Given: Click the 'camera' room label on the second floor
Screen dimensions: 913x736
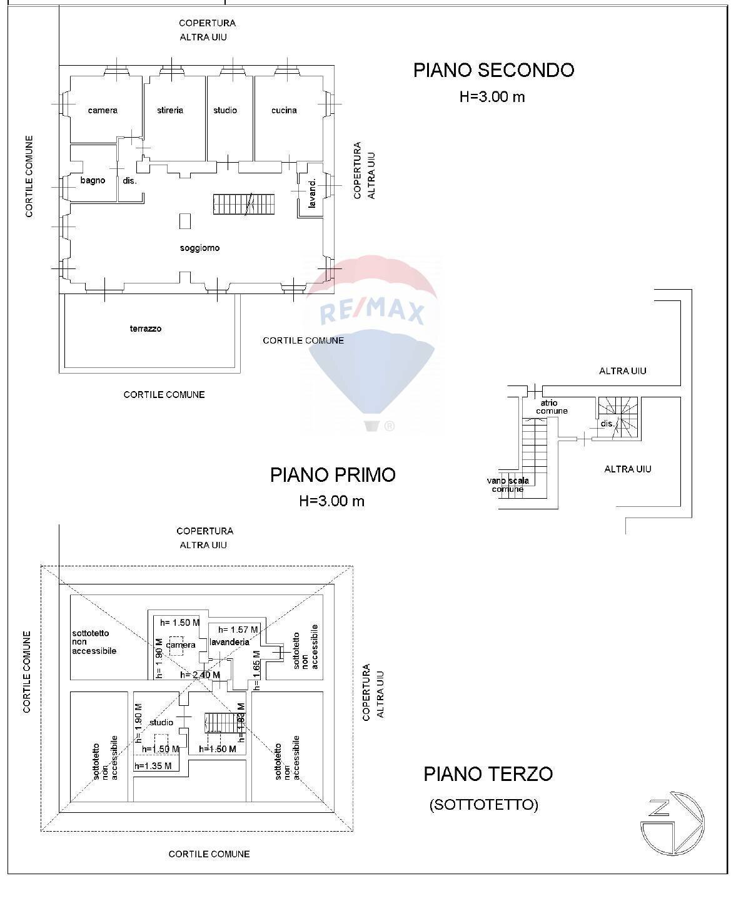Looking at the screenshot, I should tap(103, 111).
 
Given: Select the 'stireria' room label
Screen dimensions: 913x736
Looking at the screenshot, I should tap(170, 111).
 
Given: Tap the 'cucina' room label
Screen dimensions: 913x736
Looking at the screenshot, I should tap(284, 111).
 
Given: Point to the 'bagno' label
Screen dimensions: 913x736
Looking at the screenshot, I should tap(93, 181).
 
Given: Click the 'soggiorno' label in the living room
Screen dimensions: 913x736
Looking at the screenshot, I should tap(199, 248).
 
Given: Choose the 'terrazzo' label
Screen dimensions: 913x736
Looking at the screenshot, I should tap(146, 329).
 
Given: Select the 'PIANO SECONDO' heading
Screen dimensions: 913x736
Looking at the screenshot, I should tap(493, 70).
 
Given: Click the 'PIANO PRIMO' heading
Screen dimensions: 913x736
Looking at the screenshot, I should tap(333, 475).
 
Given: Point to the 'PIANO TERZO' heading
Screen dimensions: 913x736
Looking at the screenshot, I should tap(488, 774).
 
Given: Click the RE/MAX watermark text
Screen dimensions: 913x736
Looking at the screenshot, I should tap(373, 312).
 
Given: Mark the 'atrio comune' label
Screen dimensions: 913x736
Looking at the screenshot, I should tap(552, 407).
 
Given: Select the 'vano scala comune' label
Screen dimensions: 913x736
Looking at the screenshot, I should tap(508, 485).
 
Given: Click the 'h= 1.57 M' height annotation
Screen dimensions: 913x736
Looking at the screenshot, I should tap(238, 630).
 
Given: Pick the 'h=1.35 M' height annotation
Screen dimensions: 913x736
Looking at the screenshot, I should tap(153, 765).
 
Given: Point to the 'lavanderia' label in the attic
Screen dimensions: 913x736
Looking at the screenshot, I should tap(229, 642).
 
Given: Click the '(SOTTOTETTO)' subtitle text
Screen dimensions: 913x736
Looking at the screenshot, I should tap(483, 805).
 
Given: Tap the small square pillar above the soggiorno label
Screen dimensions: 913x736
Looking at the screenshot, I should tap(185, 221).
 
